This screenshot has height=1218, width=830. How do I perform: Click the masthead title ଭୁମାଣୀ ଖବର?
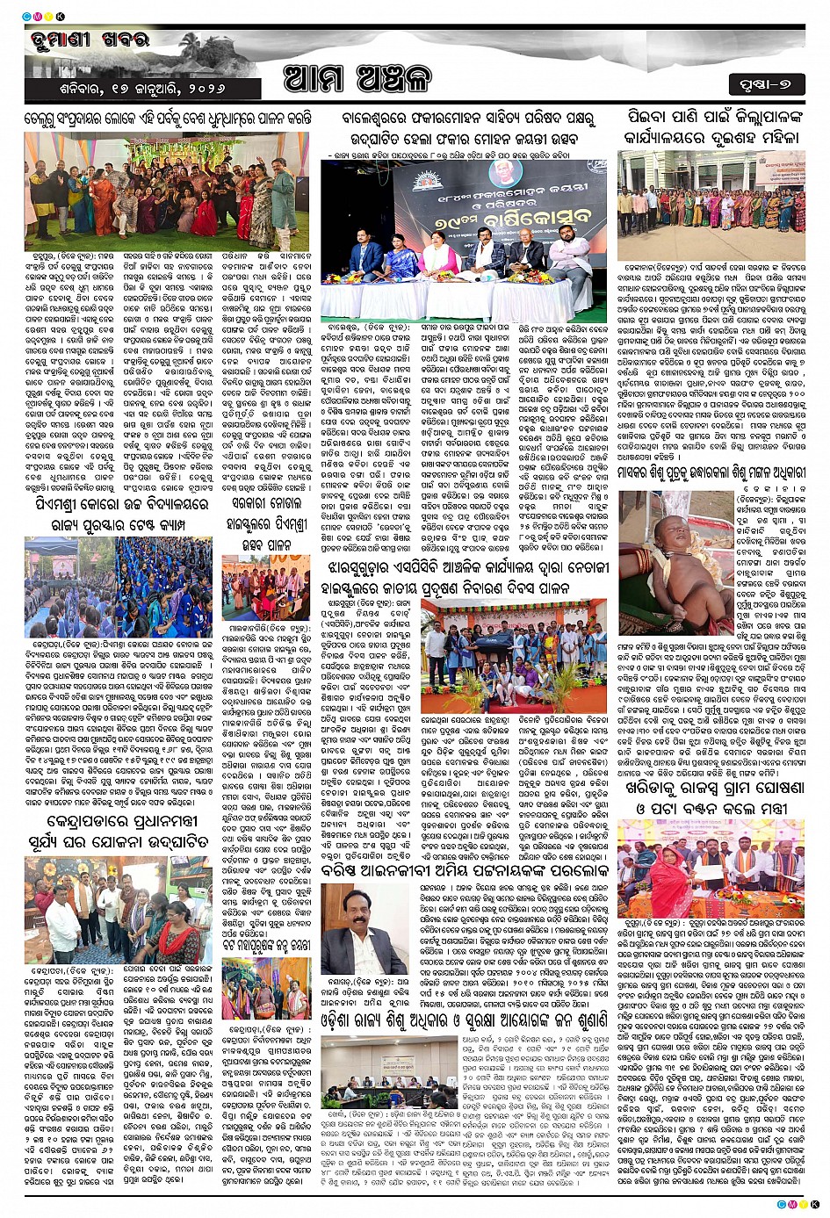88,41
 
